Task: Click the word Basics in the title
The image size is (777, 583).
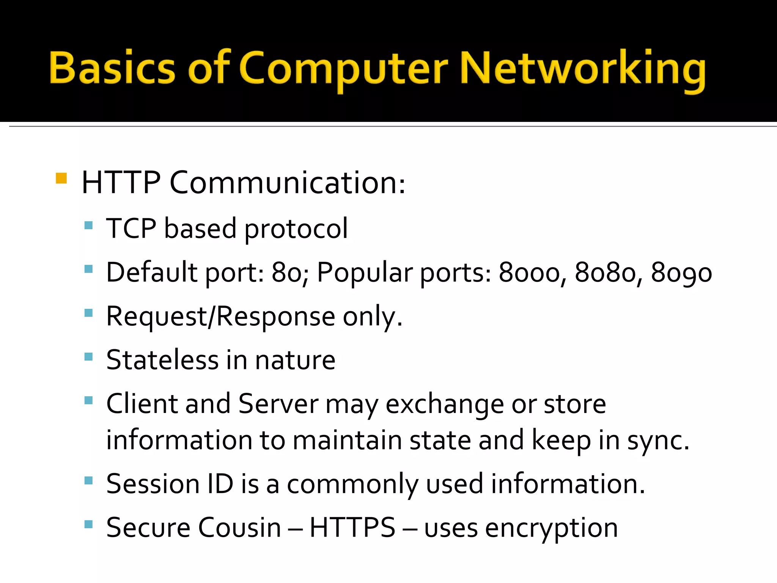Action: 112,67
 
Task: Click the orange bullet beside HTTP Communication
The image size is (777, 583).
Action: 61,178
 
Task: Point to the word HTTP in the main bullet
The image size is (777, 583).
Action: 121,183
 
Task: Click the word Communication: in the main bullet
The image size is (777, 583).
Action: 288,183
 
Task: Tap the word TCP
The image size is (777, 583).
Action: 131,228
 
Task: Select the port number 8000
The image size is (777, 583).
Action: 530,273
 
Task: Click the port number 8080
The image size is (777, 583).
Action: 606,273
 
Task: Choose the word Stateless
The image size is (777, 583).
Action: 162,359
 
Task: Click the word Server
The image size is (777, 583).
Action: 278,403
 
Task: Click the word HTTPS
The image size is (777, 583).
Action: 352,528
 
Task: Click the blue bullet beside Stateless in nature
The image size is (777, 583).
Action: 88,356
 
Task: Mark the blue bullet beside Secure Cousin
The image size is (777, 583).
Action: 88,525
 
